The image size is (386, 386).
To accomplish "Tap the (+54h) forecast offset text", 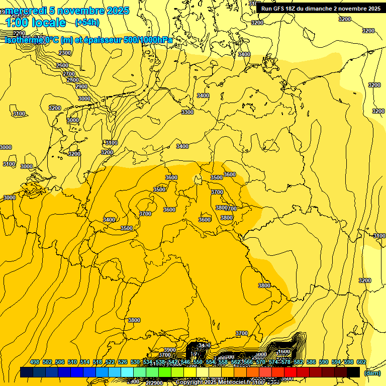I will coord(86,23).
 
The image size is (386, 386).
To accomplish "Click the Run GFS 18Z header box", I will coord(321,8).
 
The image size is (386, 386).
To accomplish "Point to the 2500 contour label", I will coord(62,65).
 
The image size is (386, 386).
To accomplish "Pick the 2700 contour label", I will coord(68,73).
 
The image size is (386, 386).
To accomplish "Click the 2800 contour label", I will coord(73,80).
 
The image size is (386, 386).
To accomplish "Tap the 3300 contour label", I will coord(187,112).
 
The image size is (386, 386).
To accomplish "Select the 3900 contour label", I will coord(170,350).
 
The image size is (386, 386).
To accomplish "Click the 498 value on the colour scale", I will coord(35,362).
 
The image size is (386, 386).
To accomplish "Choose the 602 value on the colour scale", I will coord(361,362).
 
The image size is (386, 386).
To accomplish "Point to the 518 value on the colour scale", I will coord(98,362).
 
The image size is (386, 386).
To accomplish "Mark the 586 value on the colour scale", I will coord(311,362).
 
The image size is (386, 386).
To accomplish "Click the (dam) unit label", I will coord(372,372).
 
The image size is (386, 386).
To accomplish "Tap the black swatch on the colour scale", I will coord(353,372).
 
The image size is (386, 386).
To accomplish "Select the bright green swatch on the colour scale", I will coord(164,372).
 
